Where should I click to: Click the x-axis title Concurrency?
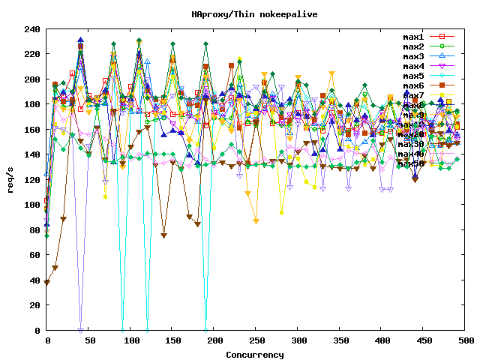256,354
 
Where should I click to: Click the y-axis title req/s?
10,180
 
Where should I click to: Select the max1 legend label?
413,37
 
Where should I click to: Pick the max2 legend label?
413,46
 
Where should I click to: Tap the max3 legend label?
413,56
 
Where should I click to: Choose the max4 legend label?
413,66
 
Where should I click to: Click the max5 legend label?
413,76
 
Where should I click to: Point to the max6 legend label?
413,85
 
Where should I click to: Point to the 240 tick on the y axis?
32,29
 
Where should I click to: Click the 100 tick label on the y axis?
32,205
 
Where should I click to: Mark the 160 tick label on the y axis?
32,130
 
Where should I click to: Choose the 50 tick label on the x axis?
89,340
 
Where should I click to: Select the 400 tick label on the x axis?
383,340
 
